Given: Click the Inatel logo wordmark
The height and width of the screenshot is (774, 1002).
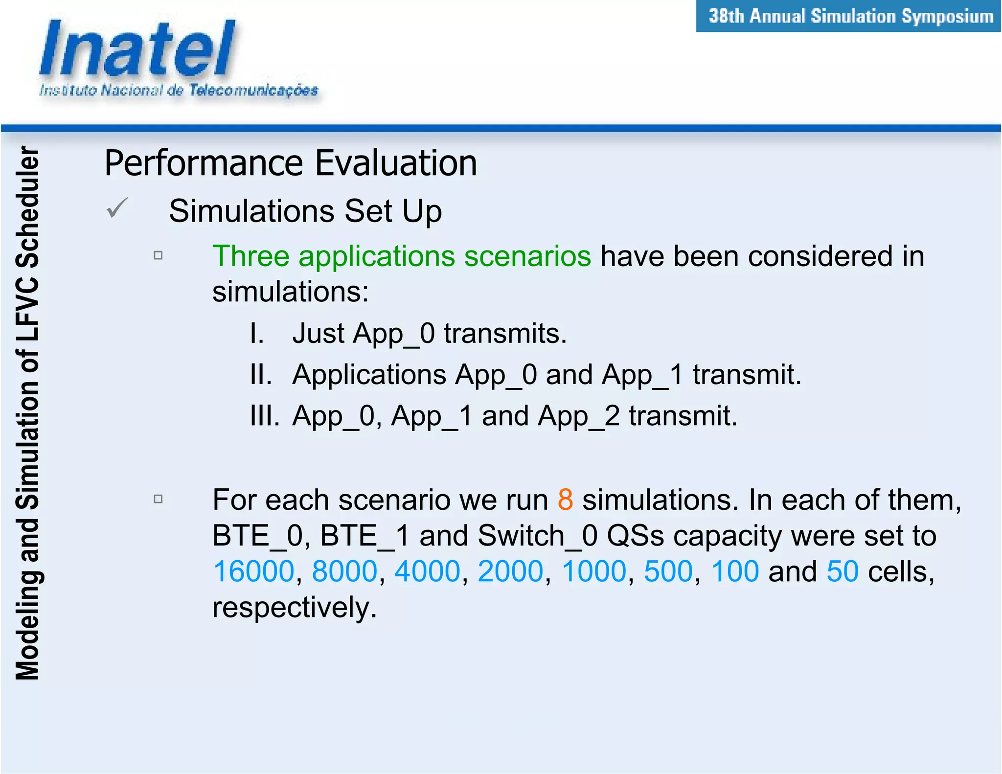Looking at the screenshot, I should tap(137, 49).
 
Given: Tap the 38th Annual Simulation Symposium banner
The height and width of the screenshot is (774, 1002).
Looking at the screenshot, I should tap(850, 17).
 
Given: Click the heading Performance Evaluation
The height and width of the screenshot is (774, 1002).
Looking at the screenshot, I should tap(291, 163).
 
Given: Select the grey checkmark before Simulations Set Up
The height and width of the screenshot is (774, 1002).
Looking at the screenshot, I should tap(117, 208).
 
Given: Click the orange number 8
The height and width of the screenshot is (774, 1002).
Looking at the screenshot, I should tap(565, 500).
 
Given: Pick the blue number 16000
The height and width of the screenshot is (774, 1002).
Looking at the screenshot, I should tap(254, 571).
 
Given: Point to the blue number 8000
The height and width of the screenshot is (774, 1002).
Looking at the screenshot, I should tap(344, 571).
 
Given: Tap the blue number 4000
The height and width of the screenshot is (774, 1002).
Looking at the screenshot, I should tap(427, 571).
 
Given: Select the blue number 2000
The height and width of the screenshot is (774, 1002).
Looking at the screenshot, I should tap(510, 571).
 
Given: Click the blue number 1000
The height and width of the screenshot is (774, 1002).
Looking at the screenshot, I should tap(594, 571).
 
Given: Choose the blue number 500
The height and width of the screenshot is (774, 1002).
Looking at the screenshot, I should tap(668, 571).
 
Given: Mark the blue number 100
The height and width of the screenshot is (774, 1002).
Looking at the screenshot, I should tap(735, 571).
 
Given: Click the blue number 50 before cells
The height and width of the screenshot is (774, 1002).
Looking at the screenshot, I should tap(843, 571).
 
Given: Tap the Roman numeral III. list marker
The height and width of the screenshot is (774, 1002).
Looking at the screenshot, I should tap(264, 416).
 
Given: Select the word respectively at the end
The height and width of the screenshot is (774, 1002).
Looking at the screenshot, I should tap(294, 608).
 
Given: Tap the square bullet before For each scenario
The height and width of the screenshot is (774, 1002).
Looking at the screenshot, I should tap(158, 499).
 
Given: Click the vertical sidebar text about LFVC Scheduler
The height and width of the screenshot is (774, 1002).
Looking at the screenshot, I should tap(27, 413).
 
